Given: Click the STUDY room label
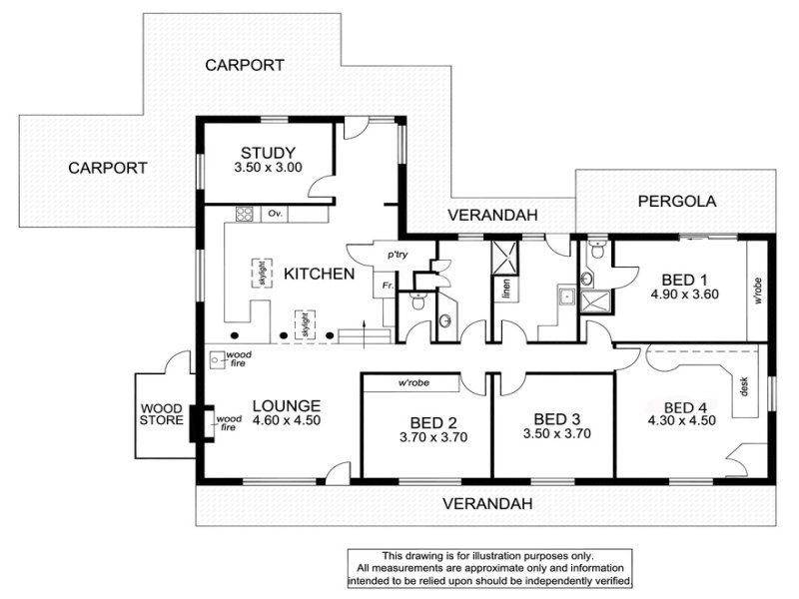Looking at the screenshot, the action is pyautogui.click(x=268, y=153).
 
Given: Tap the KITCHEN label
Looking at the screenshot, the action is pyautogui.click(x=319, y=274).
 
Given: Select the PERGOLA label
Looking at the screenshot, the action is pyautogui.click(x=677, y=202).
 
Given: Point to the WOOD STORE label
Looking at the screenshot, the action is pyautogui.click(x=162, y=414).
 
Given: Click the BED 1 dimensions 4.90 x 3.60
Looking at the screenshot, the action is pyautogui.click(x=684, y=295).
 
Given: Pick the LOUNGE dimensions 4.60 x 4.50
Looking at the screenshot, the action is pyautogui.click(x=287, y=420).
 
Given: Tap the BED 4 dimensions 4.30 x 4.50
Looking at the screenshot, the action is pyautogui.click(x=682, y=420).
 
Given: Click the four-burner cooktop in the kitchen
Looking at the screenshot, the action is pyautogui.click(x=244, y=214).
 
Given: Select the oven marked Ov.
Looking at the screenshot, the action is pyautogui.click(x=276, y=214).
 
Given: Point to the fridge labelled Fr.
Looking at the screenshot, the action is pyautogui.click(x=388, y=286).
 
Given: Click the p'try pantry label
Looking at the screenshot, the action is pyautogui.click(x=398, y=255).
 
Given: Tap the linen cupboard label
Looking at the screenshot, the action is pyautogui.click(x=506, y=289).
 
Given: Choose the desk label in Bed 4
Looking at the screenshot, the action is pyautogui.click(x=744, y=387).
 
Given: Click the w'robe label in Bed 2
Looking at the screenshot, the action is pyautogui.click(x=413, y=382).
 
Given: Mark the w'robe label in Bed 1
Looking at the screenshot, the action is pyautogui.click(x=758, y=291).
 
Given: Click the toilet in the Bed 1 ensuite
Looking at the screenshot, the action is pyautogui.click(x=597, y=250).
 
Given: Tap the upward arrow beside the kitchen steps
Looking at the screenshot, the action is pyautogui.click(x=364, y=334).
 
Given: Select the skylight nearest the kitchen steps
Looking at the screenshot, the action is pyautogui.click(x=305, y=323).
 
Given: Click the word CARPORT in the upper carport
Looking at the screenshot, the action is pyautogui.click(x=245, y=65).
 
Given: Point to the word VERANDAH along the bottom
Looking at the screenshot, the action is pyautogui.click(x=487, y=504).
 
